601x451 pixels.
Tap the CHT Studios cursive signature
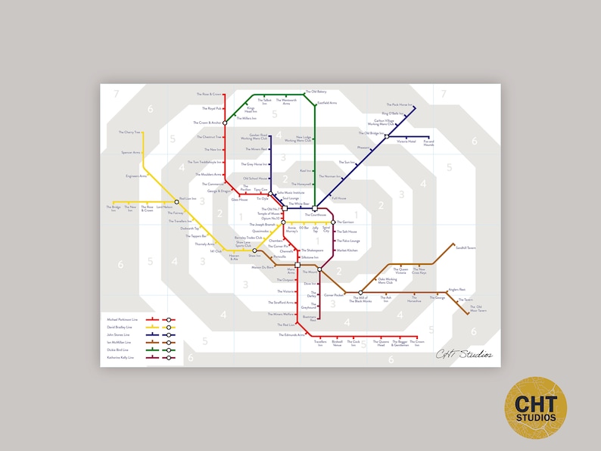point(464,353)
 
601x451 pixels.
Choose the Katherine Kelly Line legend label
point(120,357)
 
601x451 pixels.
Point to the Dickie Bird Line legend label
point(117,350)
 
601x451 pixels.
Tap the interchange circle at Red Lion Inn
point(178,201)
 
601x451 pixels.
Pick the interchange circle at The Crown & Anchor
point(224,122)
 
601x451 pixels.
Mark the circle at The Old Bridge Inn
point(386,137)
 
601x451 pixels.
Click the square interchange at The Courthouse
point(315,209)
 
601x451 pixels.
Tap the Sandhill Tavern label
point(466,247)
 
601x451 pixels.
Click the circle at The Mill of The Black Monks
point(361,292)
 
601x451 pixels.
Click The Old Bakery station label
point(316,92)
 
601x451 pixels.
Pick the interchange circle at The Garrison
point(333,222)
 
